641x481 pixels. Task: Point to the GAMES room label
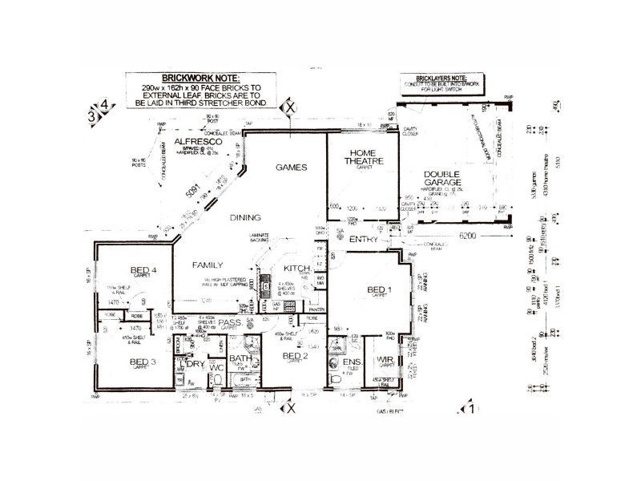[x=292, y=168]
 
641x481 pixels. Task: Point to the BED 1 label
[x=377, y=289]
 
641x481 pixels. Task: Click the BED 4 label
[x=143, y=269]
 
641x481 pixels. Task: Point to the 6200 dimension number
[x=467, y=238]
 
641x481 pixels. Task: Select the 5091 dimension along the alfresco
[x=191, y=193]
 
